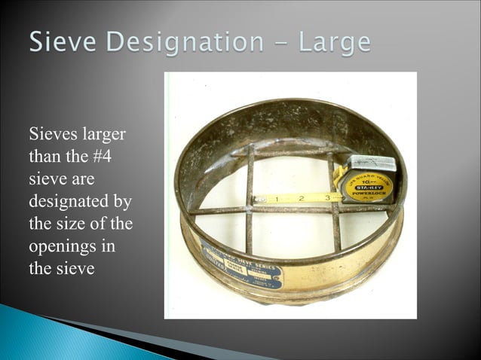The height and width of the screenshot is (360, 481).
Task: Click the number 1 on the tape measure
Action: tap(277, 198)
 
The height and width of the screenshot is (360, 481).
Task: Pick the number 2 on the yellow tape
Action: tap(302, 197)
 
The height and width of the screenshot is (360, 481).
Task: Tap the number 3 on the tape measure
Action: tap(328, 197)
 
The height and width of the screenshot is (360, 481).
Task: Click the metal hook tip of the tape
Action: tap(256, 200)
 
